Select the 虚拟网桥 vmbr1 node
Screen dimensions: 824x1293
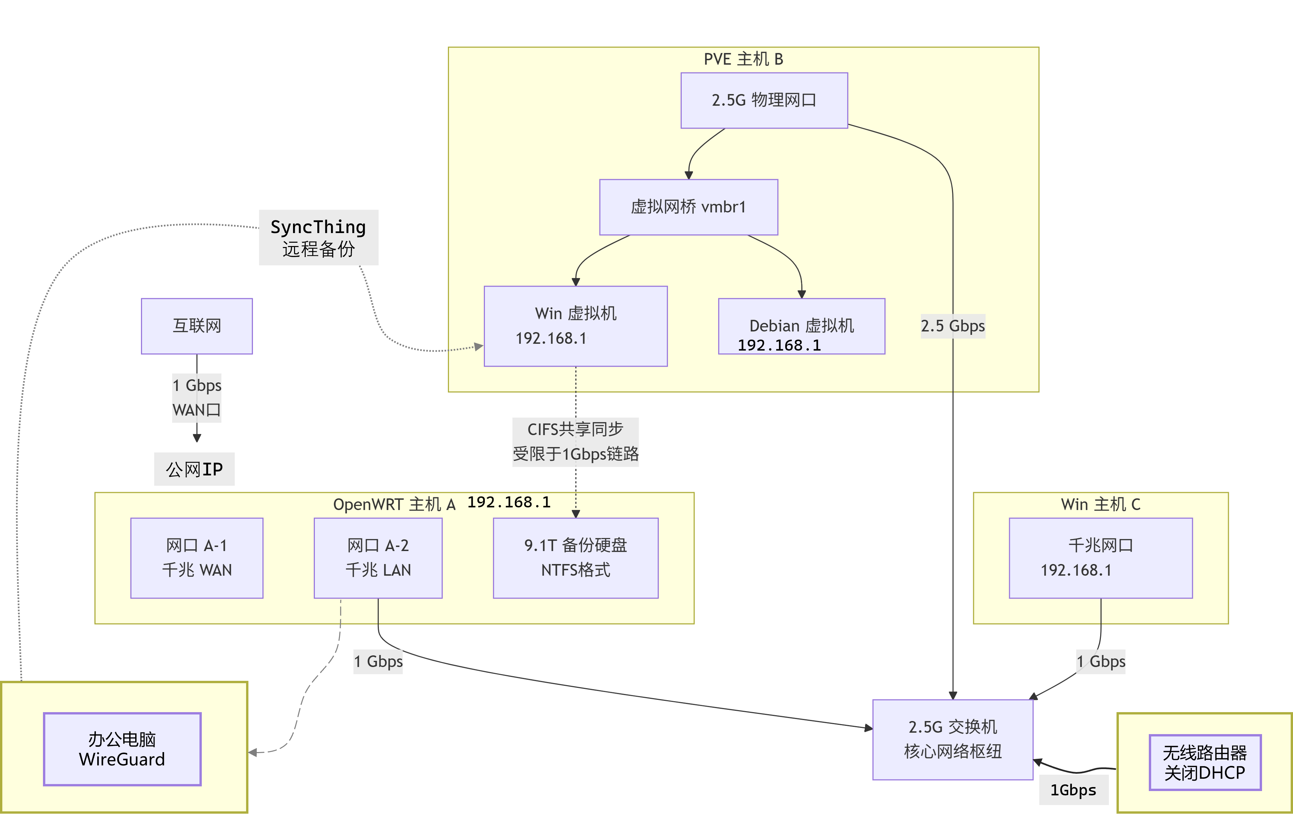click(688, 207)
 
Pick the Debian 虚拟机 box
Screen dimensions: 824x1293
click(801, 326)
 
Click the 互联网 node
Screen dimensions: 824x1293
click(196, 326)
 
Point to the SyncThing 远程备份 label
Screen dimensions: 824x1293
click(318, 237)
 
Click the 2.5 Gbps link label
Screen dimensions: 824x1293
click(953, 326)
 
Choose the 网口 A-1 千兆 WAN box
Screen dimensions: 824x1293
click(196, 557)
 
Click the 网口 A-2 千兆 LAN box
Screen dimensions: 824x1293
click(378, 557)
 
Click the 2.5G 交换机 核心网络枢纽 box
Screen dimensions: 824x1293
click(953, 739)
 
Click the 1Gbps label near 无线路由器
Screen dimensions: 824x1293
click(1073, 790)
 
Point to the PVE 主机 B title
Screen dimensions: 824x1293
click(743, 59)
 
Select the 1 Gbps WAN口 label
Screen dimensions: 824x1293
click(196, 397)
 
